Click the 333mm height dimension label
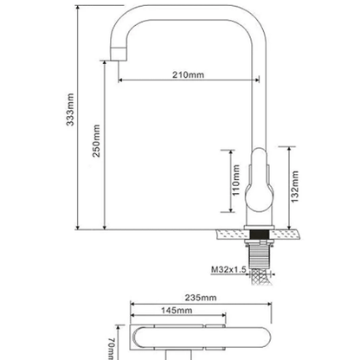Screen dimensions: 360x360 tap(70, 109)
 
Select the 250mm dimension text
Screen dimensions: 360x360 tap(96, 141)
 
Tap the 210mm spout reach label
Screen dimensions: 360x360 tap(188, 74)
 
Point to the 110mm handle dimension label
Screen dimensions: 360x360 tap(236, 180)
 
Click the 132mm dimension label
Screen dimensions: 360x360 tap(294, 187)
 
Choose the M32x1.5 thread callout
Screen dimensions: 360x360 tap(228, 270)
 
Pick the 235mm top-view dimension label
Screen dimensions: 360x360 tap(201, 298)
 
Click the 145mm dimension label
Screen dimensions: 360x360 tap(177, 311)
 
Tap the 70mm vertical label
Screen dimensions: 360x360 tap(112, 349)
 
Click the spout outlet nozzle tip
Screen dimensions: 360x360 tap(119, 54)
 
